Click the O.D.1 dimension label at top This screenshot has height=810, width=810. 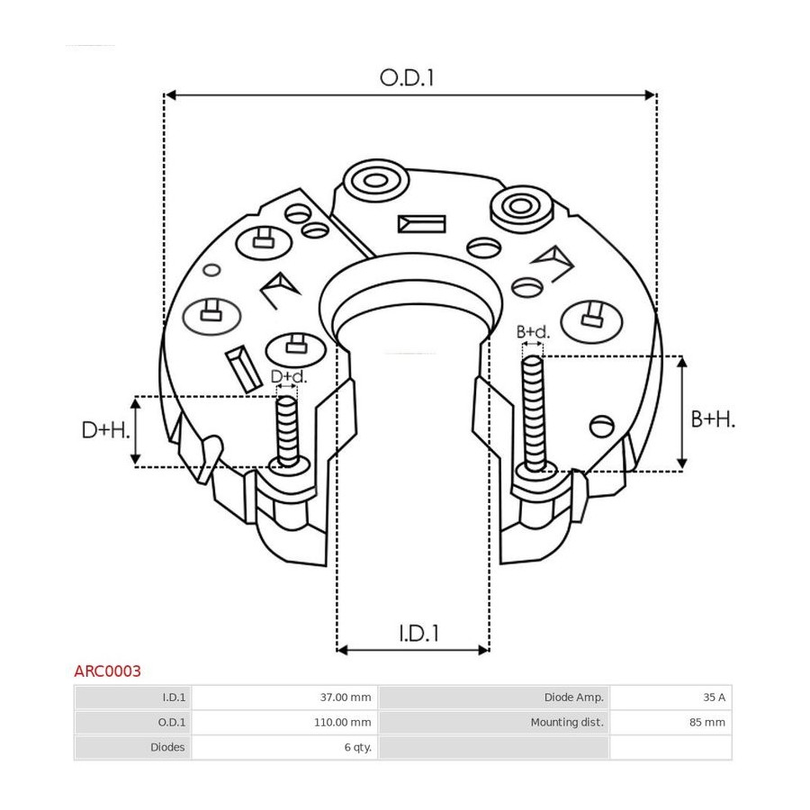pos(407,78)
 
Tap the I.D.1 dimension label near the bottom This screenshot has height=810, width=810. pos(418,633)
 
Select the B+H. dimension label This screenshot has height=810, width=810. pos(713,419)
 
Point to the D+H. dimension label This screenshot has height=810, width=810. pos(106,430)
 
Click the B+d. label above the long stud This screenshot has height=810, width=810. pos(533,331)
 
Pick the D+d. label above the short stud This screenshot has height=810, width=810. pos(289,376)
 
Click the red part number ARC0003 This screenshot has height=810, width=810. pos(107,671)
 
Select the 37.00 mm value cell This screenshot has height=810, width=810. pos(284,697)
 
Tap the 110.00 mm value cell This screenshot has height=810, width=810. pos(284,722)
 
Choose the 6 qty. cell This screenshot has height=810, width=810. pos(284,747)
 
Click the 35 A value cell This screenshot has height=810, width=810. pos(671,697)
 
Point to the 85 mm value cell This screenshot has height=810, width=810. pos(671,722)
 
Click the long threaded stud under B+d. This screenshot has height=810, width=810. pos(534,413)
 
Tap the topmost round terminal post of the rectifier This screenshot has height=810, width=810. pos(376,180)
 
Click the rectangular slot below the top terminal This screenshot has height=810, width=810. pos(421,224)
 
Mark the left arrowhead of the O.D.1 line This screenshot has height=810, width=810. pos(170,95)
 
